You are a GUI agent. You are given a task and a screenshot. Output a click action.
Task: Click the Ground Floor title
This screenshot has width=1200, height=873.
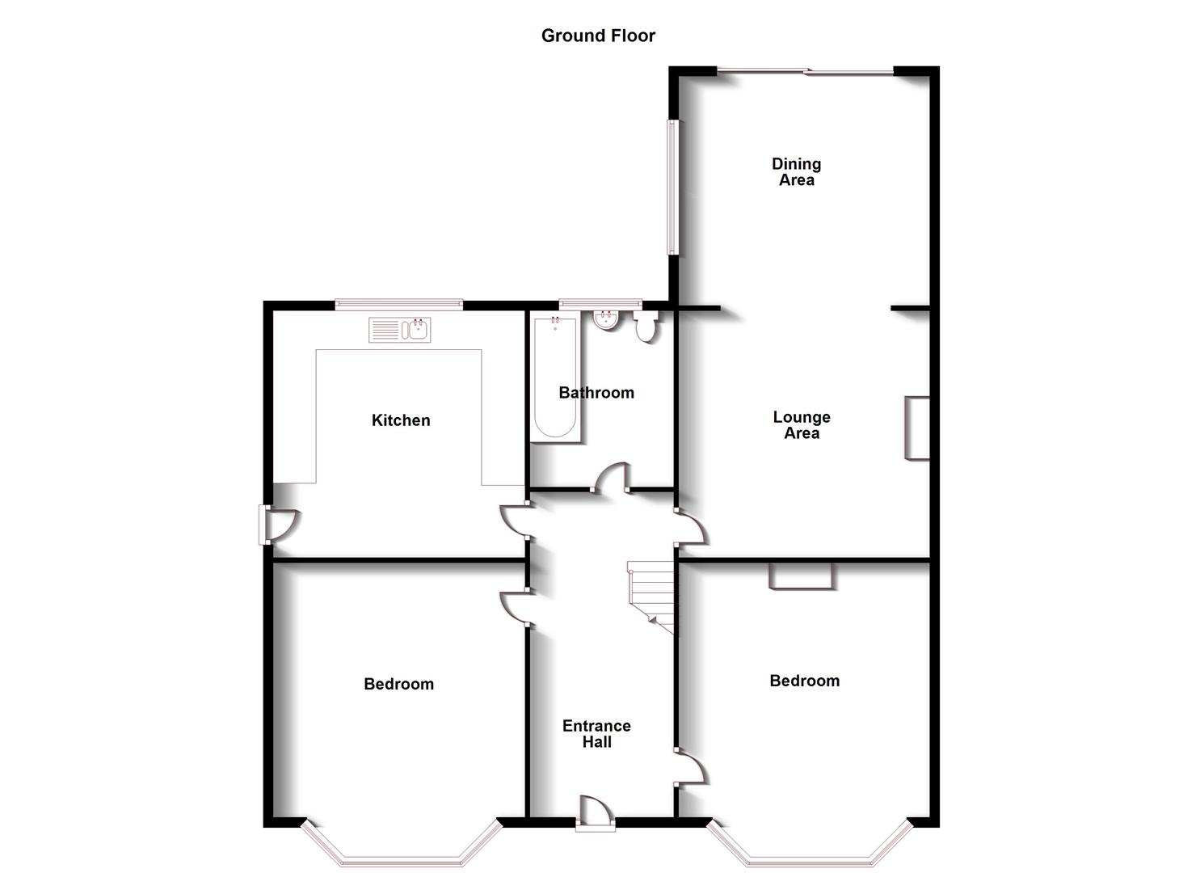[x=598, y=36]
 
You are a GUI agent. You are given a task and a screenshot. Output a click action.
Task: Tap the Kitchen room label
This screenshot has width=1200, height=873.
[x=401, y=420]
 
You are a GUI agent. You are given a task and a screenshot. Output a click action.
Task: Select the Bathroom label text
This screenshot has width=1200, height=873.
[x=596, y=393]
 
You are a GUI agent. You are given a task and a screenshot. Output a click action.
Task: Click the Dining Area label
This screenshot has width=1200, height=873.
[x=796, y=172]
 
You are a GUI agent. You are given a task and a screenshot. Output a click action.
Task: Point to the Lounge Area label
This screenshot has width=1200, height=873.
[x=802, y=425]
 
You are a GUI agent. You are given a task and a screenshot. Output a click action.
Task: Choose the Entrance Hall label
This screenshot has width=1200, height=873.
[x=596, y=734]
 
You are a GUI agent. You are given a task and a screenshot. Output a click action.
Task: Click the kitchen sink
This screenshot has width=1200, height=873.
[x=400, y=330]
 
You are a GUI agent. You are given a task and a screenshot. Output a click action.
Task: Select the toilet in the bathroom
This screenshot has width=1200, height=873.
[x=646, y=327]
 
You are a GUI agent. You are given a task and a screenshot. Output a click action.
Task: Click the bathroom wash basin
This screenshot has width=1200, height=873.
[x=606, y=320]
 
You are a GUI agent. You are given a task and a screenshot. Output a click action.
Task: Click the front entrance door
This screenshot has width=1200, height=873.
[x=596, y=812]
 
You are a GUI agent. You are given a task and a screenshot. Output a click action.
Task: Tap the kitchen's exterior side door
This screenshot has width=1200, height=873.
[x=275, y=525]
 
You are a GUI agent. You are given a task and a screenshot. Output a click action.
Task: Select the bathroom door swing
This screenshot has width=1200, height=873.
[x=612, y=477]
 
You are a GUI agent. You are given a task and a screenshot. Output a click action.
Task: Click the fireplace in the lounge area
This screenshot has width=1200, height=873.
[x=917, y=428]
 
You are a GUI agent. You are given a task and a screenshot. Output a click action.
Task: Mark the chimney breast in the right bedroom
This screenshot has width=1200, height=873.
[x=800, y=575]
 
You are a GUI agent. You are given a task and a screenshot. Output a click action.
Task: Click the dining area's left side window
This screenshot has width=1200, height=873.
[x=672, y=188]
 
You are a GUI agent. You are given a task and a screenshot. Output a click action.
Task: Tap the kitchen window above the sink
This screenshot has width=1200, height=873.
[x=399, y=305]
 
